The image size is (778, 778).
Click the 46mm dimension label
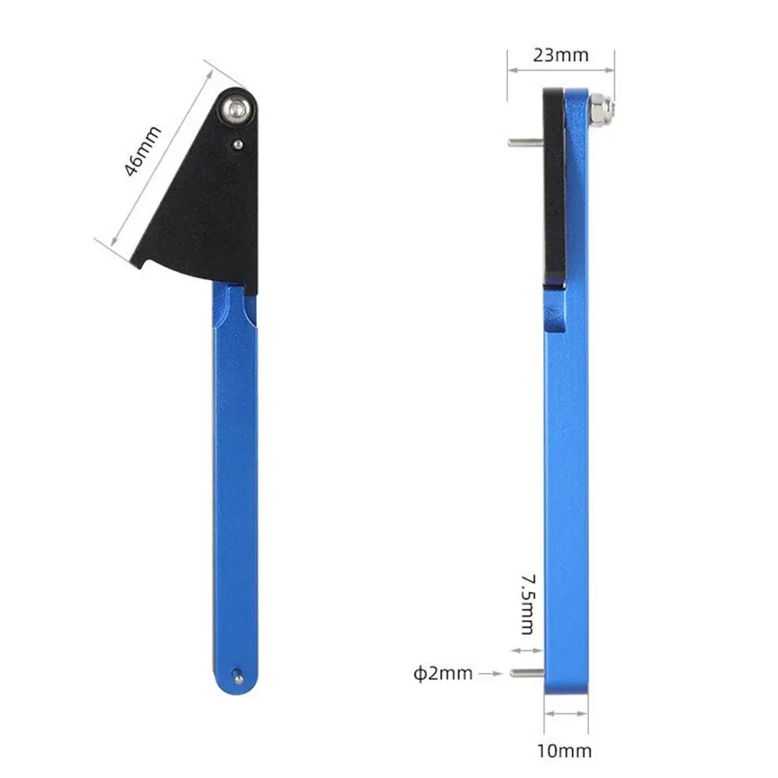[142, 152]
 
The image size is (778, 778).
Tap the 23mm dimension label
[561, 55]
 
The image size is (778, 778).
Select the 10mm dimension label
[564, 751]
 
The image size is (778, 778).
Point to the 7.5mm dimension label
[528, 605]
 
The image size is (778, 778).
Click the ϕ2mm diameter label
[443, 673]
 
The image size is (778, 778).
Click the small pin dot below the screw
[238, 145]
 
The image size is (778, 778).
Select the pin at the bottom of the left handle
[238, 676]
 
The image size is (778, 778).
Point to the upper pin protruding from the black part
[525, 143]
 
